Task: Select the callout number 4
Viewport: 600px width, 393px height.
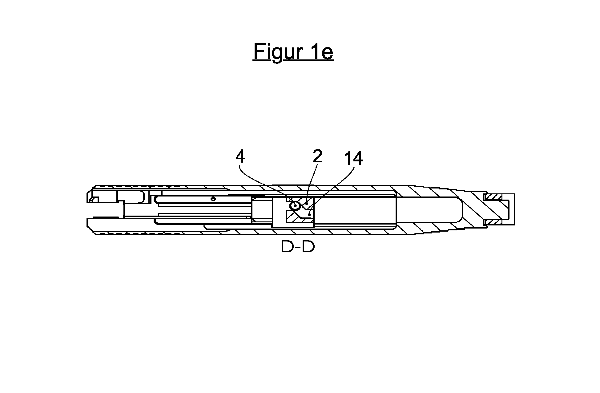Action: coord(240,157)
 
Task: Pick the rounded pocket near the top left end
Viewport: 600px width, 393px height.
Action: coord(131,197)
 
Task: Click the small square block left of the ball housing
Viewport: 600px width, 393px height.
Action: coord(262,209)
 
